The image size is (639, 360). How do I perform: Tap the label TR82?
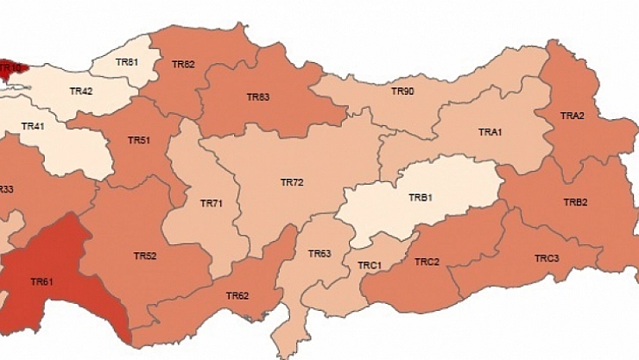183,64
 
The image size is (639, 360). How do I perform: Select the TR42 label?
81,91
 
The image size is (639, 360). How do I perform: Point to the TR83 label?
258,98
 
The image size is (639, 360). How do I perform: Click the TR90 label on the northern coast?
402,91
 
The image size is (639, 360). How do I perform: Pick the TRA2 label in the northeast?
573,116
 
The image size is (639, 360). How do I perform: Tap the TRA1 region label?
490,132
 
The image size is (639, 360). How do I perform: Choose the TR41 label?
33,127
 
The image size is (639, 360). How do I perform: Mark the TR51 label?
139,140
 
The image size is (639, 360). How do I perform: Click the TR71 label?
212,204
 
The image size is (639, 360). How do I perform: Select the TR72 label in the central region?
292,183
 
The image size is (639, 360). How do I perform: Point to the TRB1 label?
420,198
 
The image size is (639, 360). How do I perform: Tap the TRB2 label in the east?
575,203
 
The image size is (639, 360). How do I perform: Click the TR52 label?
145,256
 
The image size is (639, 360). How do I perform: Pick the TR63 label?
319,254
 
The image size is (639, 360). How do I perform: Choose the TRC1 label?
370,265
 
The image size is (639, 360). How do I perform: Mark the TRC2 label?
427,262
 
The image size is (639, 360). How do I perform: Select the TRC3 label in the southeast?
546,258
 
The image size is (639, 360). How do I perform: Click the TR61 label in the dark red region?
42,281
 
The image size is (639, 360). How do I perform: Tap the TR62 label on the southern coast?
237,296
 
